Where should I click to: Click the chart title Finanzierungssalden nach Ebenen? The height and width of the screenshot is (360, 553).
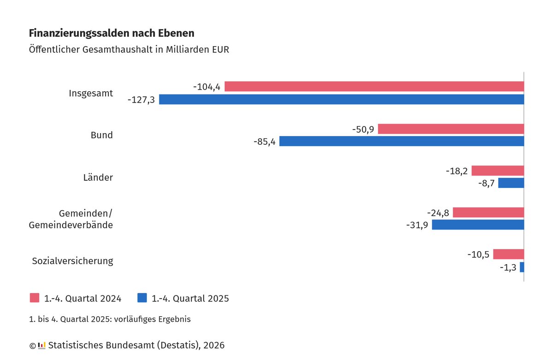click(112, 33)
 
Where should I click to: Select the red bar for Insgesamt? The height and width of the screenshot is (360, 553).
click(374, 87)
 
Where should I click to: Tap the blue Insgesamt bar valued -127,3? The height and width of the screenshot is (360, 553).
click(341, 100)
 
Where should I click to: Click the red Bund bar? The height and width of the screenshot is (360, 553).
click(451, 129)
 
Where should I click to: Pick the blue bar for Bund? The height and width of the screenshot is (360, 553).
click(401, 142)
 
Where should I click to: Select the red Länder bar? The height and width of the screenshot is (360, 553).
click(498, 171)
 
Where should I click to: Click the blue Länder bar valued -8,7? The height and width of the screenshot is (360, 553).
click(511, 183)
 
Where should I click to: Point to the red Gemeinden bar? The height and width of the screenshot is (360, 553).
click(488, 212)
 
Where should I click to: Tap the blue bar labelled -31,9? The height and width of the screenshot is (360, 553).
click(478, 225)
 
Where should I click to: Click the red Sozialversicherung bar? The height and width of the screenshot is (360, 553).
click(508, 254)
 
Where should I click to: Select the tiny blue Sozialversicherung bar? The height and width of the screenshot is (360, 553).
click(522, 267)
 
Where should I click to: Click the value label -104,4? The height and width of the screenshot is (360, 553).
click(207, 87)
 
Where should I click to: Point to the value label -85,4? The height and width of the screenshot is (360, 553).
click(265, 142)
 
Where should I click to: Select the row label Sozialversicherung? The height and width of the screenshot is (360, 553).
click(72, 261)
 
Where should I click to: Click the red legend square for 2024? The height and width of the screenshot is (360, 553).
click(35, 298)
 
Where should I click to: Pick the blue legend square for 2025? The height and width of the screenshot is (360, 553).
click(142, 298)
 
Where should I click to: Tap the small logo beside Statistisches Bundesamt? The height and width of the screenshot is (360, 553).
click(41, 345)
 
